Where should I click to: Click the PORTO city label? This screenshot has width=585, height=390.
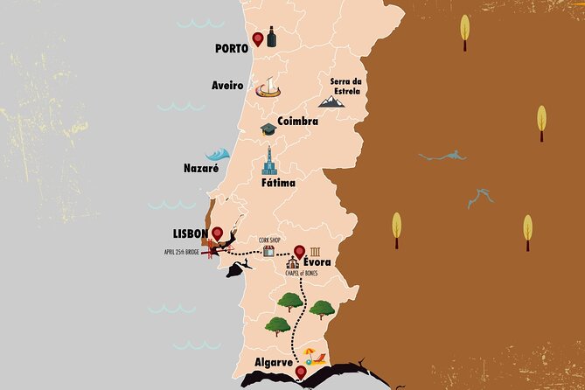coord(232,48)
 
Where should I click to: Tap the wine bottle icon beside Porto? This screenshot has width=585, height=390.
coord(272,37)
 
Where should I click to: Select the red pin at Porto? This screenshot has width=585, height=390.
coord(258,39)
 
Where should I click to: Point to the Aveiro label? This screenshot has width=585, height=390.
coord(227,86)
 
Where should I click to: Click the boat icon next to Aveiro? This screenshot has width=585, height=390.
coord(268,88)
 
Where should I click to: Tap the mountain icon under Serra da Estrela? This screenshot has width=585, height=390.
coord(331,102)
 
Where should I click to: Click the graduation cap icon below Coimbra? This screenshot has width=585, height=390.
coord(268,129)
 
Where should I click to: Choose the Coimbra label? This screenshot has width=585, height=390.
coord(297,122)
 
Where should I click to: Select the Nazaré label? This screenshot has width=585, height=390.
coord(200,168)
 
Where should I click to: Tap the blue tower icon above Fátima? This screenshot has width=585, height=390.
coord(270,161)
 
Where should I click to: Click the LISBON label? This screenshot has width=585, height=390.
coord(191,233)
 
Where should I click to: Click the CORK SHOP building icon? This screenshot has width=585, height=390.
coord(270,251)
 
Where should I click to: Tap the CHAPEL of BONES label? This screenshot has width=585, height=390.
coord(301,274)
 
